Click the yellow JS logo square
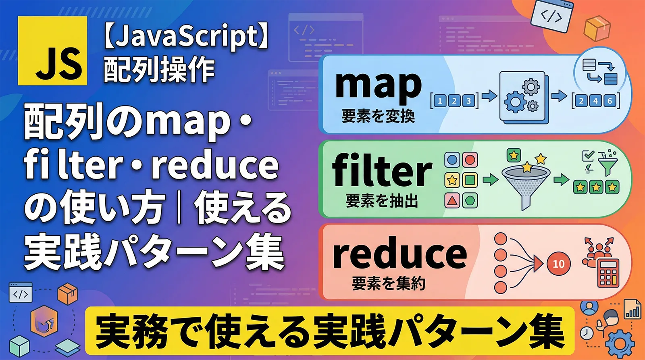point(52,51)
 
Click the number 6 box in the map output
point(610,101)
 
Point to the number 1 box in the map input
point(440,101)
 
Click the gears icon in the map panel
point(523,97)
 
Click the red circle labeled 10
point(558,264)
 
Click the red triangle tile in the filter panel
point(452,200)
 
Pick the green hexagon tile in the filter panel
point(470,200)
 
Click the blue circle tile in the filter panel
point(452,160)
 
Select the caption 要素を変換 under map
point(378,117)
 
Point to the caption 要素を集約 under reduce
point(389,283)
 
